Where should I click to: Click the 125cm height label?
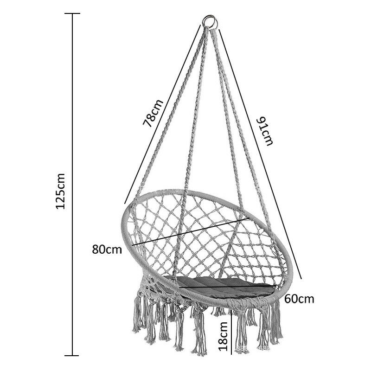coord(60,191)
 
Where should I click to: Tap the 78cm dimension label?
coord(153,113)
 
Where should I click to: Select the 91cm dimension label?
coord(265,131)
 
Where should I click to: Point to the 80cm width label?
coord(107,249)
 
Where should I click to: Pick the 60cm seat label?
coord(299,299)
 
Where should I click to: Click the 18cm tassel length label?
coord(223,336)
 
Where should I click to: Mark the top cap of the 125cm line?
coord(72,13)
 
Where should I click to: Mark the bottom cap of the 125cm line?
coord(72,355)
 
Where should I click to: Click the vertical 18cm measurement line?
coord(231,332)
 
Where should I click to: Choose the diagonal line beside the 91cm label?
coord(261,154)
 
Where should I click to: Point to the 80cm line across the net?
coord(191,231)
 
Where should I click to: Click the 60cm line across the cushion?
coord(227,287)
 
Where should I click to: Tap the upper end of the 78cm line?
coord(200,25)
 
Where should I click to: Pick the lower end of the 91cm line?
coord(302,279)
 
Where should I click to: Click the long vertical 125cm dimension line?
coord(72,185)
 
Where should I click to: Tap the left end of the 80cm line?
coord(133,245)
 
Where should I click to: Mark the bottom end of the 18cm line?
coord(231,354)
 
